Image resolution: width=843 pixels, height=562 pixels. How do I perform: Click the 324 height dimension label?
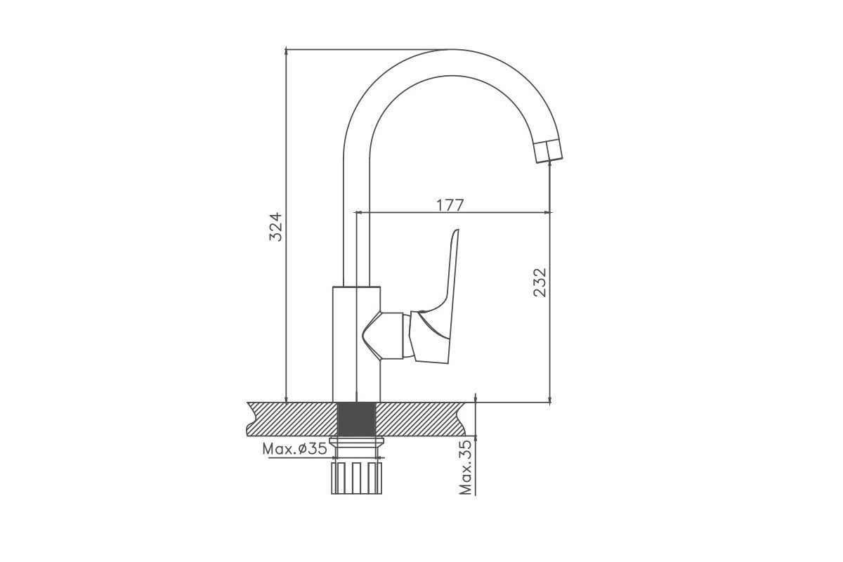[275, 227]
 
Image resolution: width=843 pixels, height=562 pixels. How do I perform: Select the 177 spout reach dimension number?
[450, 206]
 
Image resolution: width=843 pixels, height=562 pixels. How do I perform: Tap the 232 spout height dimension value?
[540, 282]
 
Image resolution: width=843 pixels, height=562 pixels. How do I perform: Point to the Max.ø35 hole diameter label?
[294, 449]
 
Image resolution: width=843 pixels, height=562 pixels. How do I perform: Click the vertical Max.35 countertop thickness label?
[466, 467]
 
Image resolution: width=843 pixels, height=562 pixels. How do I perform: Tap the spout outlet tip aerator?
[549, 150]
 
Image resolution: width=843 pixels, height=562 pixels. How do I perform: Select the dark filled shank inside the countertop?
[356, 419]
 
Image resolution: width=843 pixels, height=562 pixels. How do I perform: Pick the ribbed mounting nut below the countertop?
[356, 478]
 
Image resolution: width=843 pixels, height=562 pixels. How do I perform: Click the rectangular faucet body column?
[356, 344]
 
